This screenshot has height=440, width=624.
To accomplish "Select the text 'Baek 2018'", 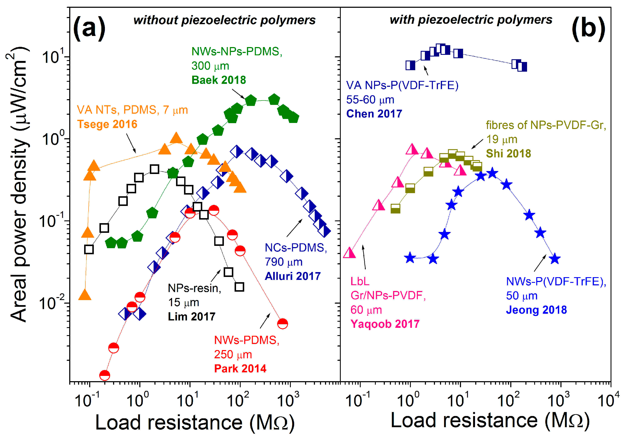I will pyautogui.click(x=218, y=80).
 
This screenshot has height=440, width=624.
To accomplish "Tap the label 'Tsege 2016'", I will pyautogui.click(x=107, y=124).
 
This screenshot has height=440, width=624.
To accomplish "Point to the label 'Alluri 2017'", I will pyautogui.click(x=293, y=276).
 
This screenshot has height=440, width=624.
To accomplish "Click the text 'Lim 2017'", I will pyautogui.click(x=192, y=316).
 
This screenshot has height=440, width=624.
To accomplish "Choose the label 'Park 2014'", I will pyautogui.click(x=240, y=368).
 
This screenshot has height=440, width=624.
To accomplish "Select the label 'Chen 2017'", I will pyautogui.click(x=374, y=114).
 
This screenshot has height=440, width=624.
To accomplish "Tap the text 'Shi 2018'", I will pyautogui.click(x=508, y=153).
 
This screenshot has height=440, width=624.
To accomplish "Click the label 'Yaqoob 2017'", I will pyautogui.click(x=385, y=324).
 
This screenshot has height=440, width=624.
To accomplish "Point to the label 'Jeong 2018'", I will pyautogui.click(x=536, y=310).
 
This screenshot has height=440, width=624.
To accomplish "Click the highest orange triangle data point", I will pyautogui.click(x=176, y=138).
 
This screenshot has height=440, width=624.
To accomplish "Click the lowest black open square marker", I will pyautogui.click(x=239, y=287).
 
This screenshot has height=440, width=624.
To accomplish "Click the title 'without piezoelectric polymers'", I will pyautogui.click(x=225, y=20).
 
